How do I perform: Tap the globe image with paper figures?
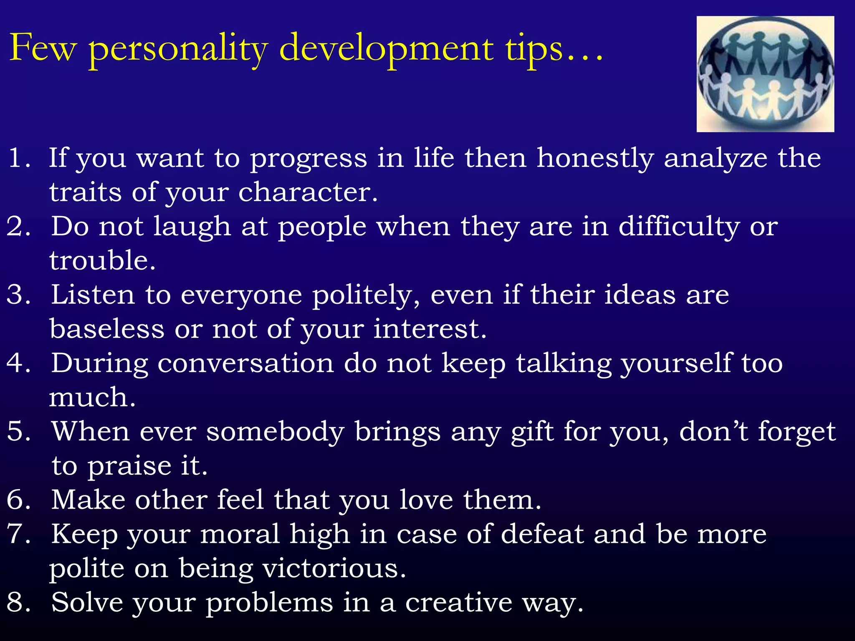[765, 74]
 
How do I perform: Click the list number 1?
[19, 158]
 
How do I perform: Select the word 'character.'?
[308, 193]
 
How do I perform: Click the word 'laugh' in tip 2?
[192, 228]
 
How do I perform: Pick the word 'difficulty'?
[679, 228]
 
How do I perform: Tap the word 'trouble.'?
[102, 261]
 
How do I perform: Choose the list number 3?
[19, 295]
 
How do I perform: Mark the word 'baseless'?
[107, 329]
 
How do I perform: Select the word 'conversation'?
[246, 363]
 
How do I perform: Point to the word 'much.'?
[92, 397]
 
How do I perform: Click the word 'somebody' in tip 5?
[276, 432]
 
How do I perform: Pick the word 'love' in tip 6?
[426, 500]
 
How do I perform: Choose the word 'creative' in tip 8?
[459, 603]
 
